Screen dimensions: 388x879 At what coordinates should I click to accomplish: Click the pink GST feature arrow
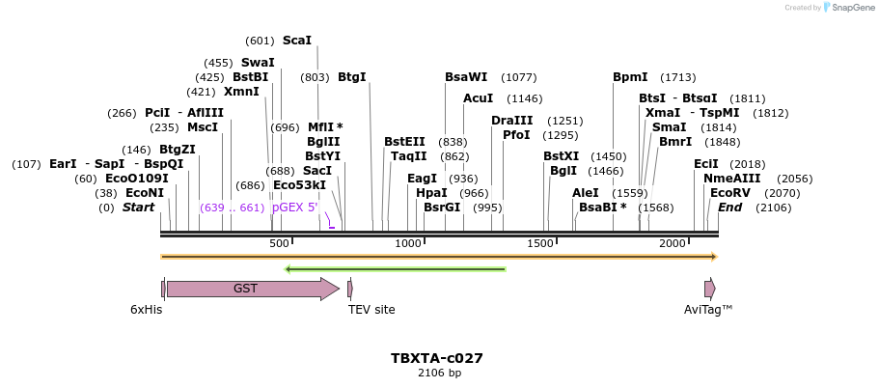(251, 289)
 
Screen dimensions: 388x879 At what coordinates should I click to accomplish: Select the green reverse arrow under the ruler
(396, 268)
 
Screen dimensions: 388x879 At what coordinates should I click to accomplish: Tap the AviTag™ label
(708, 310)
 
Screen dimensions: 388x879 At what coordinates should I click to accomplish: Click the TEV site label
(371, 310)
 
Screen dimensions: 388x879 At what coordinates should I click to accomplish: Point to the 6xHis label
(147, 310)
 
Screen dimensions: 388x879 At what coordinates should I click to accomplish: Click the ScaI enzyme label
(296, 41)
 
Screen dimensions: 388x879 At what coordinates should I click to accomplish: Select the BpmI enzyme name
(630, 77)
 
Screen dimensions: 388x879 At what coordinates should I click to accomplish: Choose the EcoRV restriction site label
(729, 193)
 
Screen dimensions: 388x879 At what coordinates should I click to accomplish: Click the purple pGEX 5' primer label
(294, 208)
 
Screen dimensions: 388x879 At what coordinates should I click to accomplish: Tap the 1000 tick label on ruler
(409, 243)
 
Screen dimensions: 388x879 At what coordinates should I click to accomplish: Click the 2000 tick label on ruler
(673, 243)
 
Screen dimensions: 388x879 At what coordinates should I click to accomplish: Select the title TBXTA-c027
(437, 358)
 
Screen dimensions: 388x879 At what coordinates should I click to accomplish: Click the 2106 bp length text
(439, 373)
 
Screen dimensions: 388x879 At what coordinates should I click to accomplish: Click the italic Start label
(138, 208)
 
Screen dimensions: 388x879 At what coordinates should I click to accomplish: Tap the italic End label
(729, 208)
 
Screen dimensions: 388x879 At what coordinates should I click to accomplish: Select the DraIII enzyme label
(511, 121)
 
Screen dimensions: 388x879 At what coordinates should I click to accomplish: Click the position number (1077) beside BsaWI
(519, 77)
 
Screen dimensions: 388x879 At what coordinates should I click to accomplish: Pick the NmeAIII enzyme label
(731, 179)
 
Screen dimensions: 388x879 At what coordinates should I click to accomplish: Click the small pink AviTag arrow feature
(709, 289)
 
